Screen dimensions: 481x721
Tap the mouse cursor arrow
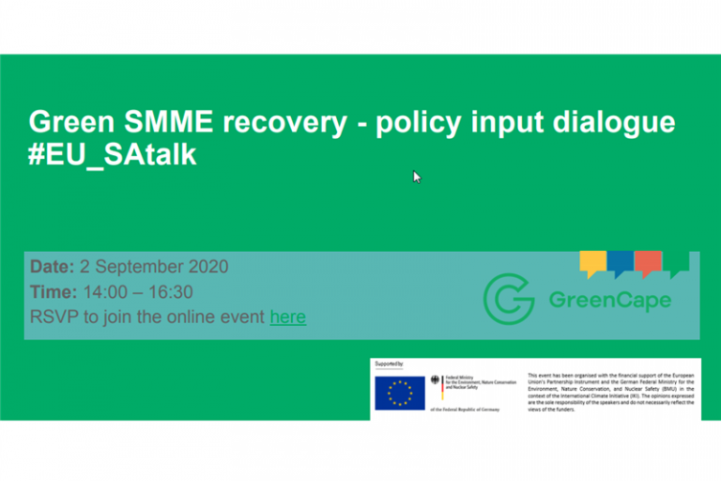coord(417,177)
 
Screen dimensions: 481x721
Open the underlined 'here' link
coord(287,318)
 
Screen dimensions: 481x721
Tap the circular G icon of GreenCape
coord(509,299)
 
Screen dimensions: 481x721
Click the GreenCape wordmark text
coord(609,301)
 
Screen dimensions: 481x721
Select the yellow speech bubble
coord(591,264)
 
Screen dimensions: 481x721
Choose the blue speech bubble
coord(620,264)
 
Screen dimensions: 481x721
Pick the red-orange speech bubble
coord(648,264)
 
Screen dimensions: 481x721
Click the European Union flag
coord(399,392)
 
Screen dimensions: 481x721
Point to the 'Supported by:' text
coord(390,363)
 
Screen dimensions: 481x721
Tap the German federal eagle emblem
coord(435,381)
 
